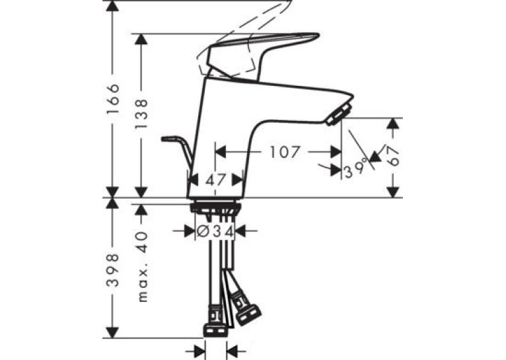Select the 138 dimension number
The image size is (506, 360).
(141, 114)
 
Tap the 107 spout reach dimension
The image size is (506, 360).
(285, 152)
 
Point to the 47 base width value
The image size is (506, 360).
(215, 180)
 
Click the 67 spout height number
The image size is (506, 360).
(393, 156)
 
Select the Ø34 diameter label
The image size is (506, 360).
(215, 231)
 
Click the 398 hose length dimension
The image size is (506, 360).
(113, 270)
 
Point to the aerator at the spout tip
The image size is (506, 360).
(338, 114)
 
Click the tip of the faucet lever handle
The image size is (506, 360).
(318, 34)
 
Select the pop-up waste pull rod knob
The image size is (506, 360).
(169, 139)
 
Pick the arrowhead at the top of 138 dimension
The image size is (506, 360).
(141, 39)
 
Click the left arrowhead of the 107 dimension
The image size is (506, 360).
(221, 152)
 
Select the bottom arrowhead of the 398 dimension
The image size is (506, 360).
(112, 332)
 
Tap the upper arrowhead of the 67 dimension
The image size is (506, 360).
(392, 124)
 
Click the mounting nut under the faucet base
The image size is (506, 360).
(215, 207)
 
